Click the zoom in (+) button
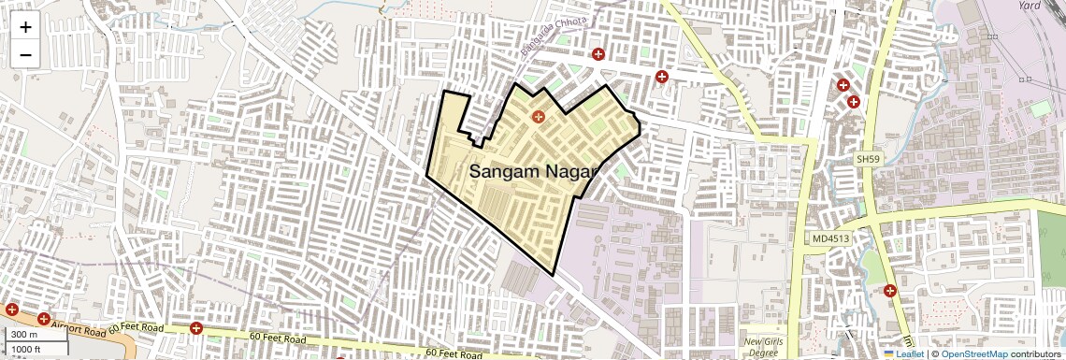point(25,27)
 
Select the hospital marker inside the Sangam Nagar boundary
point(538,117)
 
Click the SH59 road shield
point(869,160)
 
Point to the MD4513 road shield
point(831,239)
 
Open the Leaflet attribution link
point(902,353)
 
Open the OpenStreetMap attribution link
point(973,353)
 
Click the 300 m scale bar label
point(24,335)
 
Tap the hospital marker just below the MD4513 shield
point(890,290)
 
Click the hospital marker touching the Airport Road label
point(44,319)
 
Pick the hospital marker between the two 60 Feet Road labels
point(196,328)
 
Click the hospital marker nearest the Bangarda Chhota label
point(598,54)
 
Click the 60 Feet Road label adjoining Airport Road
point(136,328)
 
